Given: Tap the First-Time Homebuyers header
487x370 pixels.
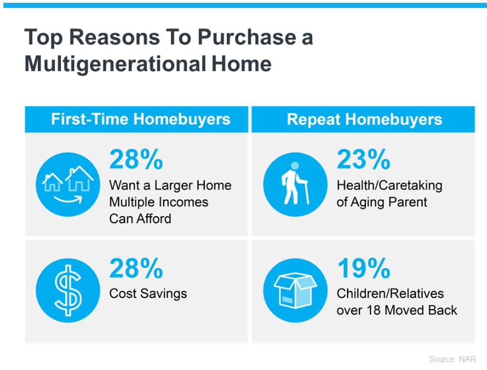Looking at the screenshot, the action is tap(141, 119).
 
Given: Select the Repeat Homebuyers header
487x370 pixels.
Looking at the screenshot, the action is tap(365, 120).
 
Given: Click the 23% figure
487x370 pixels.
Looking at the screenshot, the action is tap(363, 159).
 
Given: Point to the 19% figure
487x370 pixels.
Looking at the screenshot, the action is tap(363, 268).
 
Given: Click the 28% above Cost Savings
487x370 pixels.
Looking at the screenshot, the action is tap(136, 268).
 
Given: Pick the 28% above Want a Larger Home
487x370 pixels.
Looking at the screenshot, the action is tap(136, 159).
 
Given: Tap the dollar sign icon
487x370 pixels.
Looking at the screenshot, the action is tap(68, 290).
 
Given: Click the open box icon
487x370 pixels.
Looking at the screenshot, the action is tap(295, 290).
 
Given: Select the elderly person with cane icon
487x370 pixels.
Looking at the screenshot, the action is tap(295, 184).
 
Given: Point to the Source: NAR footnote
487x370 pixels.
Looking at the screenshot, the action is tap(452, 359).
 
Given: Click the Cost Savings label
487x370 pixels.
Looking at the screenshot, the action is tap(148, 294).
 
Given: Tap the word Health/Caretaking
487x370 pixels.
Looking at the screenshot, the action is tap(389, 186).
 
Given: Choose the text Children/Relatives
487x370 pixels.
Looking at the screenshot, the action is tap(390, 294).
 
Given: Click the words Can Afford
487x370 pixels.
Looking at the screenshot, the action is tap(140, 219).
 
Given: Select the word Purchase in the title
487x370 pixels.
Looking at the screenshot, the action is tap(247, 37).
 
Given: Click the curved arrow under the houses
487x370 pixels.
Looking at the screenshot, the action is tap(68, 199).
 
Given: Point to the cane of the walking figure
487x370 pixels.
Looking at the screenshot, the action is tap(306, 192).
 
